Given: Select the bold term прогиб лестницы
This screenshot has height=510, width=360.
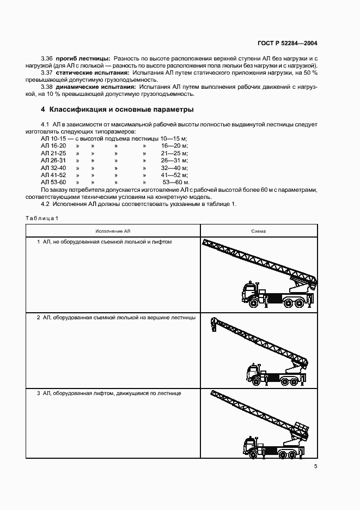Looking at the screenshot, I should point(87,58).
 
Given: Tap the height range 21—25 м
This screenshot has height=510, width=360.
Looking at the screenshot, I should point(174,154).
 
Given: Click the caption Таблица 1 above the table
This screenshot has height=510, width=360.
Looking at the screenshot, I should point(41,218).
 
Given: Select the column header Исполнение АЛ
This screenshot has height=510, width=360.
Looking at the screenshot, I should point(113,231).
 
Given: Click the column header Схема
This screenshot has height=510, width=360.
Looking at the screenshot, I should point(258,231).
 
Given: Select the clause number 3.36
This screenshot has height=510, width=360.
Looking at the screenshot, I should point(47,58).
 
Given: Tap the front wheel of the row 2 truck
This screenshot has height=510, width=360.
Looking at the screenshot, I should point(253,378).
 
